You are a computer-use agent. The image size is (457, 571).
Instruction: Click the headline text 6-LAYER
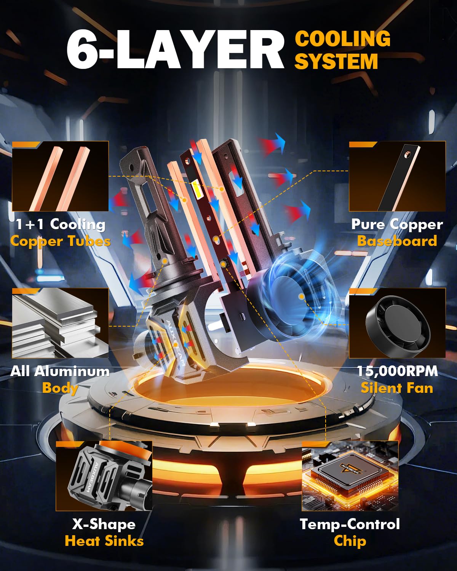click(x=175, y=49)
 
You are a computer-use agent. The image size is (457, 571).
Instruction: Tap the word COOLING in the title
click(x=342, y=39)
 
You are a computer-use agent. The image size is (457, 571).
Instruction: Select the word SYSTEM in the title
click(x=336, y=61)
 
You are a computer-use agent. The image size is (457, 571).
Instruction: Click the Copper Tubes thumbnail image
click(x=60, y=176)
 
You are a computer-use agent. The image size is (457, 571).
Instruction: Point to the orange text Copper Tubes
click(x=61, y=241)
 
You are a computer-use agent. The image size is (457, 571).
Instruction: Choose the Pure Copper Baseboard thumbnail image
click(x=397, y=176)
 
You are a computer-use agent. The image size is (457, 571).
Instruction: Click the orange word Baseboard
click(x=397, y=241)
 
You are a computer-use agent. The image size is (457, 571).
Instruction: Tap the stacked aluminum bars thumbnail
click(x=60, y=323)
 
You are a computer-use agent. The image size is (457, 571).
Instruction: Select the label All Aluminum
click(x=60, y=371)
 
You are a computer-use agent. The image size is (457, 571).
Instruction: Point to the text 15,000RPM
click(x=397, y=371)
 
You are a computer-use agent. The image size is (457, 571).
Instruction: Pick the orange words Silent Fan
click(x=397, y=388)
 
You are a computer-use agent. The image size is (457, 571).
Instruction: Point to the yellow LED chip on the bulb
click(x=195, y=188)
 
